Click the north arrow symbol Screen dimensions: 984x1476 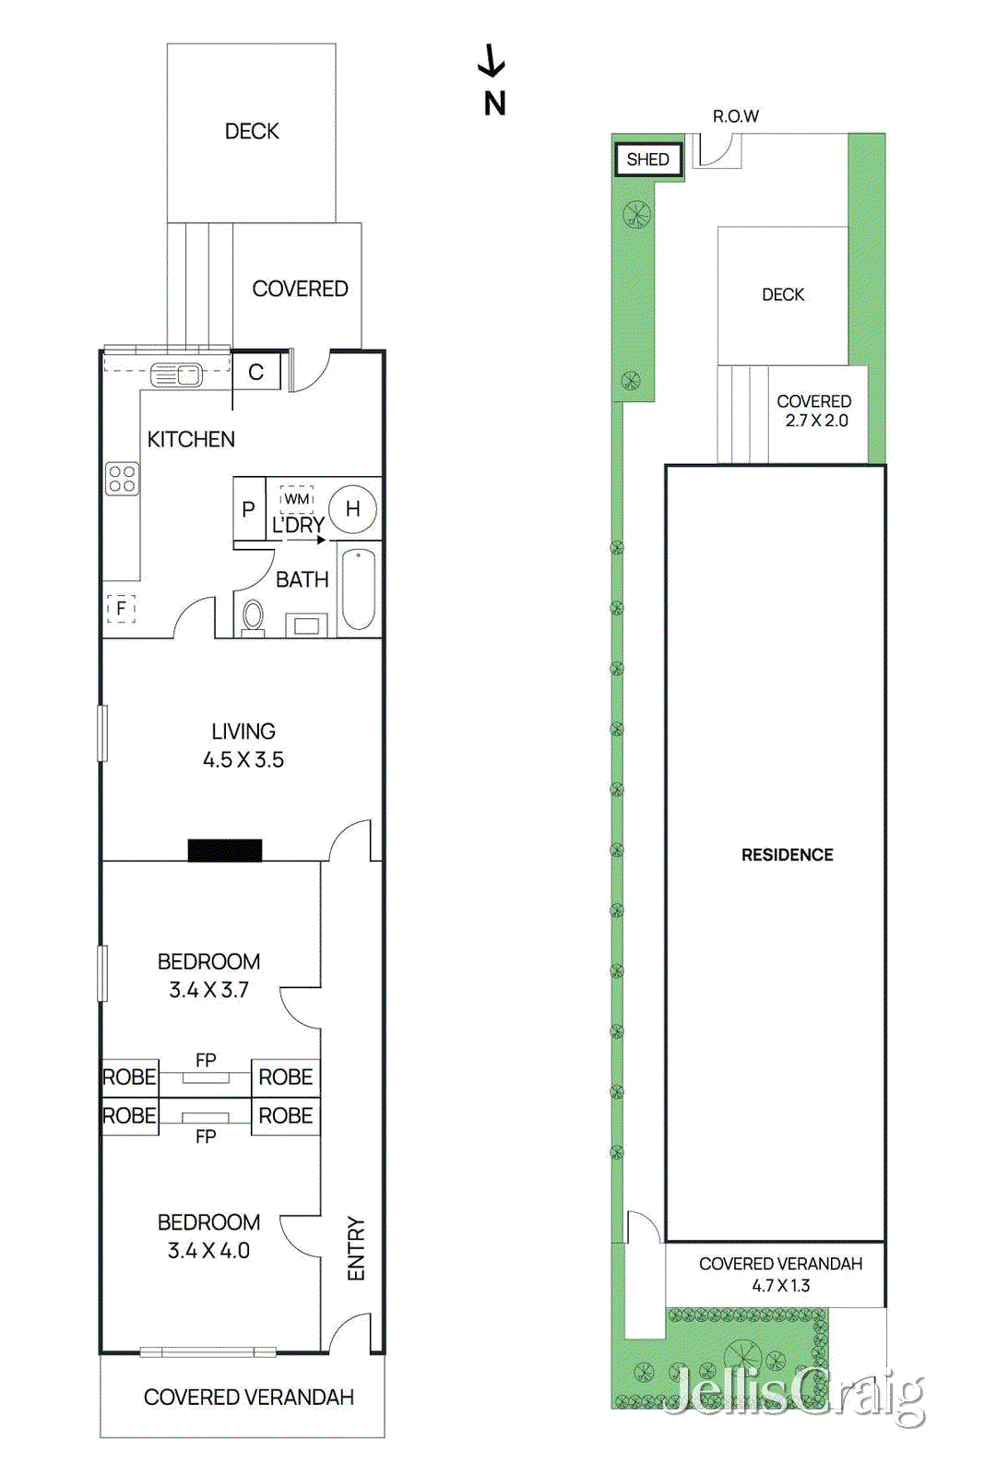[492, 60]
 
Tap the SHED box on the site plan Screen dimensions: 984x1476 [648, 160]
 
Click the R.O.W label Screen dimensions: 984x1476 [736, 116]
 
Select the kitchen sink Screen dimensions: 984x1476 [176, 375]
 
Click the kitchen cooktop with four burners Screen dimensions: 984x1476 [123, 479]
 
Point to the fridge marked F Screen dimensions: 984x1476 [121, 608]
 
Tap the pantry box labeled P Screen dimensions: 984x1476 [249, 509]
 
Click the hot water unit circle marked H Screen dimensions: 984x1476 [352, 508]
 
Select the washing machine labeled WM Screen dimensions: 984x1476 [296, 499]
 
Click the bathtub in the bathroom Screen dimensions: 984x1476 [359, 589]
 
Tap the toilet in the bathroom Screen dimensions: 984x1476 [253, 617]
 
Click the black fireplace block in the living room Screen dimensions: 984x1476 [225, 850]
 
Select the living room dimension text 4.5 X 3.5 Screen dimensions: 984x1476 [243, 760]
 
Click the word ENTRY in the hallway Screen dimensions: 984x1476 [356, 1249]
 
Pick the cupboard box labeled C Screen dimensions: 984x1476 [256, 372]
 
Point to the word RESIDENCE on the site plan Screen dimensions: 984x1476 [787, 855]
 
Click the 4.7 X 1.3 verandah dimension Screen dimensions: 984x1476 [780, 1286]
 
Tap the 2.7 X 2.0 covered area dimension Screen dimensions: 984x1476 [817, 421]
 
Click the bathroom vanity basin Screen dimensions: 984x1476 [306, 625]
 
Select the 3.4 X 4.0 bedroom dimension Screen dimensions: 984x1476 [208, 1251]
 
